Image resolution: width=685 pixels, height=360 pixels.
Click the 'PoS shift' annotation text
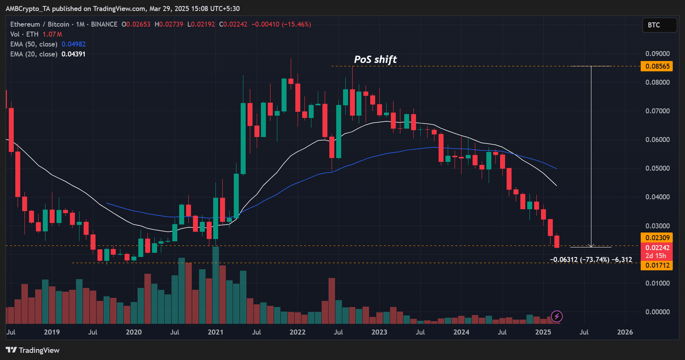point(375,60)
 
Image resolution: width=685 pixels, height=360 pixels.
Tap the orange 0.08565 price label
point(657,66)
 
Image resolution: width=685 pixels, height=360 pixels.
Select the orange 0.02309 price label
point(657,238)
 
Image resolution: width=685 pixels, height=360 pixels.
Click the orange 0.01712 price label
point(657,265)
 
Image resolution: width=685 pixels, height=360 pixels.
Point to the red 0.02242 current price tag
point(657,248)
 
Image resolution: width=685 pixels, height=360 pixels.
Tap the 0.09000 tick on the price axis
point(657,54)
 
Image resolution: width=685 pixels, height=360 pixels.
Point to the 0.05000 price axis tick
point(657,169)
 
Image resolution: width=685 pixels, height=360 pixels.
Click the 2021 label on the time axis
point(215,332)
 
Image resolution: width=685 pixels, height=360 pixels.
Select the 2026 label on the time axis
point(625,332)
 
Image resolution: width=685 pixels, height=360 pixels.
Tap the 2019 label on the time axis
point(52,332)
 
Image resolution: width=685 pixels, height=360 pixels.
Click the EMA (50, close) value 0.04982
point(74,45)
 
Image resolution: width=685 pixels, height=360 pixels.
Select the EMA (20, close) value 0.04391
point(74,54)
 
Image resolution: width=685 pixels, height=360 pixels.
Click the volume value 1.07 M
point(52,35)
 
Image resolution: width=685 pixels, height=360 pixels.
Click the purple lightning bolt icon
point(557,316)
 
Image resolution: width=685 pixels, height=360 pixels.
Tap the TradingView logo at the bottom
point(33,350)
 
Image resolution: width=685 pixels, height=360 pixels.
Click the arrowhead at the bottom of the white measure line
point(591,246)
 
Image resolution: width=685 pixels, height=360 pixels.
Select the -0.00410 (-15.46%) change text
point(281,24)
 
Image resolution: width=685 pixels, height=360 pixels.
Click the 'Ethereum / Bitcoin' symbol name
point(40,24)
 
